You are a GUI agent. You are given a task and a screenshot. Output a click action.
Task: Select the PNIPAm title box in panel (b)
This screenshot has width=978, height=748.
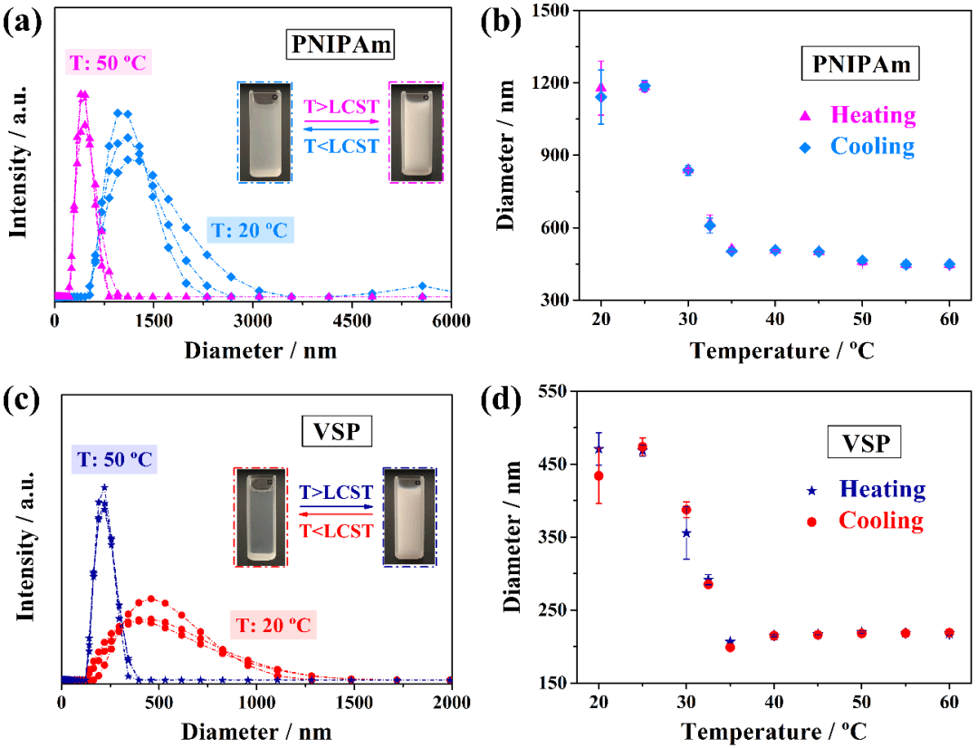tap(859, 64)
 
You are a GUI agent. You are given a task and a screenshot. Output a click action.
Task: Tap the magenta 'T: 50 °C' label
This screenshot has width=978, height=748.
tap(107, 63)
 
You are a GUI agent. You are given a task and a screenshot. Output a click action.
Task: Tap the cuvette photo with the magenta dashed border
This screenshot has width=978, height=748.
tap(416, 132)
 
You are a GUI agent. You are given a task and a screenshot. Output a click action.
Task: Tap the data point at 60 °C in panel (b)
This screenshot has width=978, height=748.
tap(949, 264)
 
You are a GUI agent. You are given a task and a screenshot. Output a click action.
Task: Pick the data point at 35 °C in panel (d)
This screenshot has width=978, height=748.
tap(730, 646)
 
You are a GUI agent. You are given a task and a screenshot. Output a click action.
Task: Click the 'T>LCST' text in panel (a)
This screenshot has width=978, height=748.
tap(339, 107)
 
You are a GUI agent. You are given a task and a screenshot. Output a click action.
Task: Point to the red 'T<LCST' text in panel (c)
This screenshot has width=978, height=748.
tap(335, 531)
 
